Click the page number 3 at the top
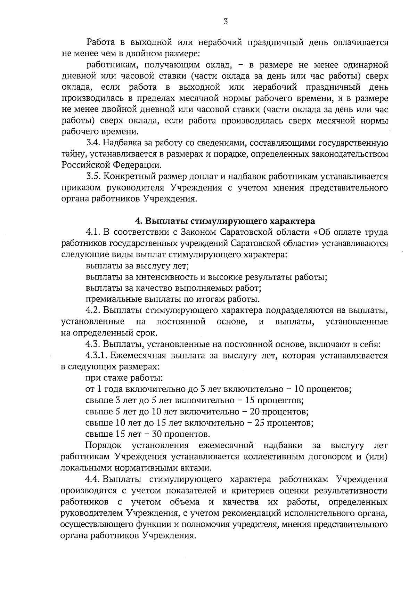(226, 22)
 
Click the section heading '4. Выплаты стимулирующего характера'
(225, 221)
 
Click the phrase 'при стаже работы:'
(124, 378)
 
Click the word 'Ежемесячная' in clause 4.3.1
(138, 356)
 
